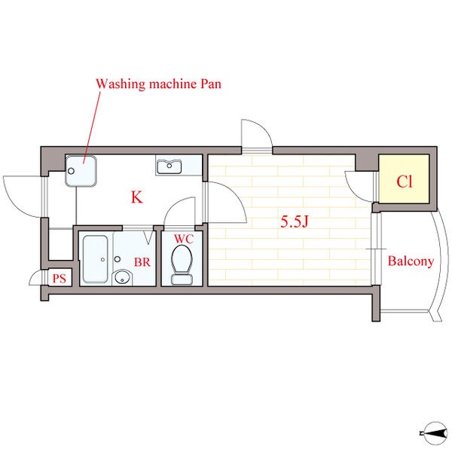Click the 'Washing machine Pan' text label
158,84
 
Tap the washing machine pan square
81,171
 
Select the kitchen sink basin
169,167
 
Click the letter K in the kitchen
137,197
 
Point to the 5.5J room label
295,221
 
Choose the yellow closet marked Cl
404,179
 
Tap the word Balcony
411,261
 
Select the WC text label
184,239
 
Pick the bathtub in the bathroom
96,259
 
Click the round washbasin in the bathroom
122,277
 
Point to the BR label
142,262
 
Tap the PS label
60,279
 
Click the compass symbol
435,433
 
